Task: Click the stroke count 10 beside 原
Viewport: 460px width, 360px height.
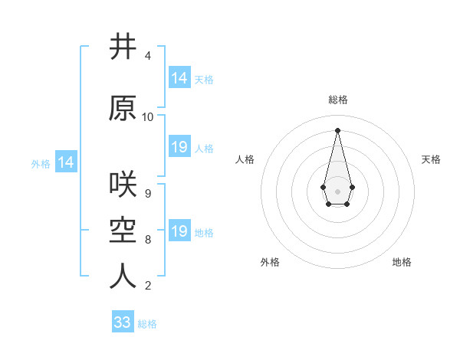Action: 148,117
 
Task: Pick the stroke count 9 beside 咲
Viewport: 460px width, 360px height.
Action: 148,193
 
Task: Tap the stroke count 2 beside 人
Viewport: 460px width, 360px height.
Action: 148,286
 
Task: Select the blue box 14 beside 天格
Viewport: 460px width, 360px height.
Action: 179,78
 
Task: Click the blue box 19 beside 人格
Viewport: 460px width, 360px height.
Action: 179,147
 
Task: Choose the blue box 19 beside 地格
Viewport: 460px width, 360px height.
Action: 179,231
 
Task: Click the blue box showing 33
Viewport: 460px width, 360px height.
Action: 123,322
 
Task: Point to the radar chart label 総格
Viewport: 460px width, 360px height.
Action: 338,100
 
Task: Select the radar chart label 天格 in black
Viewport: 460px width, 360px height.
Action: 431,159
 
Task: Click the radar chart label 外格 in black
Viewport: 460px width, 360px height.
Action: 270,262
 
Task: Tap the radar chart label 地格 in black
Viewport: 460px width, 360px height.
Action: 402,262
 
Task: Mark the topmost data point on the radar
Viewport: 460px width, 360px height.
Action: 337,129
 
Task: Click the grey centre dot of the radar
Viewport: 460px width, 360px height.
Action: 337,190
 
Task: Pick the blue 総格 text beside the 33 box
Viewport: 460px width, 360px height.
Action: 147,324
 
